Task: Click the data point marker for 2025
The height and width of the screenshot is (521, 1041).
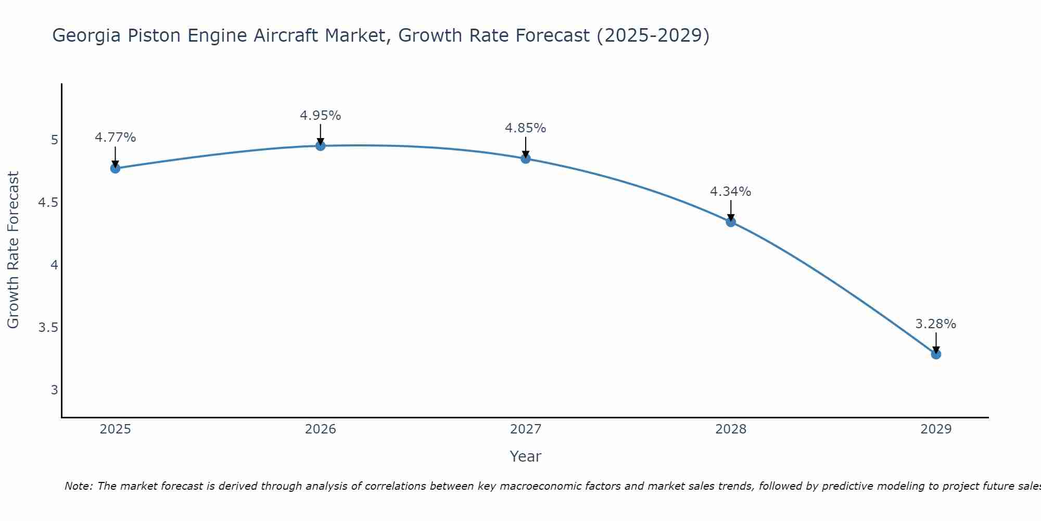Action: coord(115,168)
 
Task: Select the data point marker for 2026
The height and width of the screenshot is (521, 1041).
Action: coord(321,146)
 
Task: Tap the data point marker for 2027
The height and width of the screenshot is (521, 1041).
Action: coord(526,158)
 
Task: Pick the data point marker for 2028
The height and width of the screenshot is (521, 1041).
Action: coord(731,222)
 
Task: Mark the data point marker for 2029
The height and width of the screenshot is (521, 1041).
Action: coord(936,354)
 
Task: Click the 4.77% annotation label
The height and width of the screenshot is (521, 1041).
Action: coord(115,138)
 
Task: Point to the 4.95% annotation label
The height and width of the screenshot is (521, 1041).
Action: coord(321,116)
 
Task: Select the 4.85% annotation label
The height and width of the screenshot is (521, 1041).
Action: coord(526,128)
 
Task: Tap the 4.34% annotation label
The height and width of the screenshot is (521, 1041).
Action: coord(731,192)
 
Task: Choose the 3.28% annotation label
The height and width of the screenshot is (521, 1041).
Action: coord(936,324)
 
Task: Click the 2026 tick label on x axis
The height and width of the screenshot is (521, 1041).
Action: coord(321,429)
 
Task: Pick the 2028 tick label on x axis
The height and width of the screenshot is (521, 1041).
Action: coord(731,429)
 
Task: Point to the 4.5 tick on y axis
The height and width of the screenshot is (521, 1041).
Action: coord(48,203)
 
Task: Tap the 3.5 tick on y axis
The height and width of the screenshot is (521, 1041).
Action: coord(48,328)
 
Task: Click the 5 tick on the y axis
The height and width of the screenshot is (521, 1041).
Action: coord(54,140)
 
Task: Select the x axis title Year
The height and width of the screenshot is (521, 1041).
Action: coord(526,456)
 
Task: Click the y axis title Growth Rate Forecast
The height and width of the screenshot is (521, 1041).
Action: coord(13,250)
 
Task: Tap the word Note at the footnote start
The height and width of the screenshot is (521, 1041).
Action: coord(78,486)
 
